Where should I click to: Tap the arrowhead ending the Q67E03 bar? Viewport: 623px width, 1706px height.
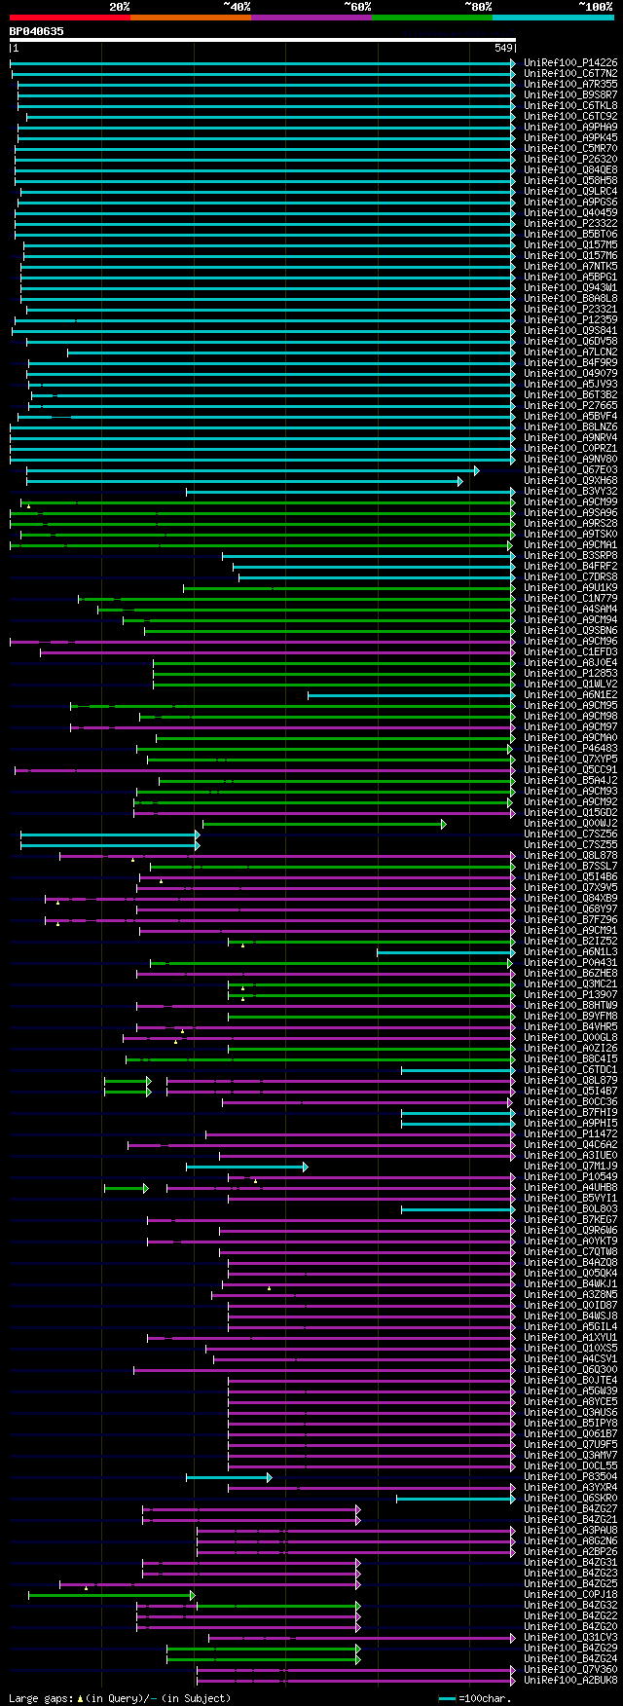(476, 470)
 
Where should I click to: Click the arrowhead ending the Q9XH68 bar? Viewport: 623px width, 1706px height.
(460, 481)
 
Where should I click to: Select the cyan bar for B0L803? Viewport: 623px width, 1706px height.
(457, 1209)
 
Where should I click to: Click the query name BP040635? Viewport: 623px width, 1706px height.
(37, 31)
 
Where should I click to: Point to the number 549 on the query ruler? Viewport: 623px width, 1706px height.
(503, 48)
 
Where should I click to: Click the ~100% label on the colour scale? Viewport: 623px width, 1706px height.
(595, 7)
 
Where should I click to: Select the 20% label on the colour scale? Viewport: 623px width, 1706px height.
(119, 7)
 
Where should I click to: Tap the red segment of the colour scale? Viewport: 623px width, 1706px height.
(69, 17)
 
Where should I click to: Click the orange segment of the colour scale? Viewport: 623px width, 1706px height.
(190, 17)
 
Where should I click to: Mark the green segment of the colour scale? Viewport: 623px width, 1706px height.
(431, 17)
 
